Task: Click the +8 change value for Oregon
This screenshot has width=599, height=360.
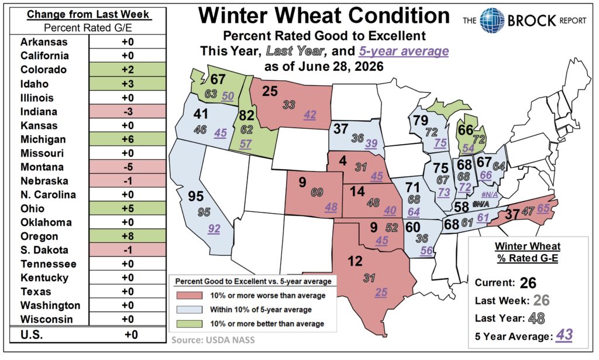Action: pos(128,236)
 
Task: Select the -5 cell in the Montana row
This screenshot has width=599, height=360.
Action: pos(128,167)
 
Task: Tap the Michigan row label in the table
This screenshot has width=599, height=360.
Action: pos(43,139)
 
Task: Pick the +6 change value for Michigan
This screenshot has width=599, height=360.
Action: pos(128,139)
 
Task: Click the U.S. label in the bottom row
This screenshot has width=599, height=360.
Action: pos(32,335)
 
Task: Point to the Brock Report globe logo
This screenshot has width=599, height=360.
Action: pos(492,20)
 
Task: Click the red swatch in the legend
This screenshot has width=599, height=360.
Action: pos(190,296)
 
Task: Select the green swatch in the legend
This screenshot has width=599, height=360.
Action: pos(190,324)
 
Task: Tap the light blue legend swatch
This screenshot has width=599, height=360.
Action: pos(190,310)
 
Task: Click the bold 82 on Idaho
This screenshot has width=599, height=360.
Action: pos(247,115)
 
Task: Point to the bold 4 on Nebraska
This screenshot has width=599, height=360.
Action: pos(343,161)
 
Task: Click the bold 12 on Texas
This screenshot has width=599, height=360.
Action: pos(355,262)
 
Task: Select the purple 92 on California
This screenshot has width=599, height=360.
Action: pos(214,228)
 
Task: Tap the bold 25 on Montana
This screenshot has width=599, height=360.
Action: pos(270,91)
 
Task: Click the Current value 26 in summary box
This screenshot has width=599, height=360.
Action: pos(528,283)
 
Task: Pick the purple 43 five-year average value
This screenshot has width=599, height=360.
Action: pos(564,335)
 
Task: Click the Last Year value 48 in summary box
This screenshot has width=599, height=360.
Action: pos(537,318)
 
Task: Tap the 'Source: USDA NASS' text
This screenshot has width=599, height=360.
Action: pos(213,340)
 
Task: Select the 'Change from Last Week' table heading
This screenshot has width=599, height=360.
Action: pos(88,15)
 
